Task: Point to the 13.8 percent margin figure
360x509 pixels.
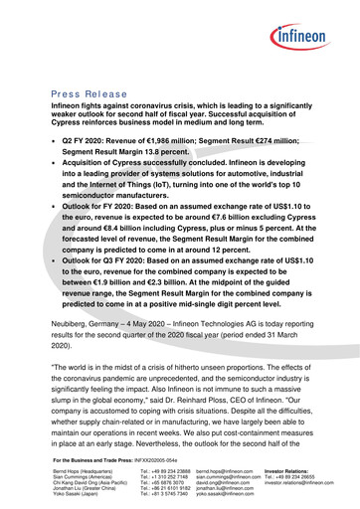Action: [x=143, y=155]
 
